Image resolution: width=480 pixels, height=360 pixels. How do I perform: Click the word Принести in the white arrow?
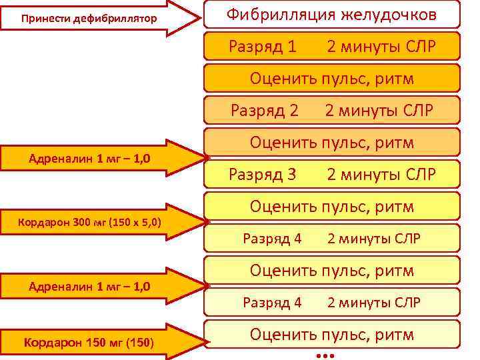[46, 18]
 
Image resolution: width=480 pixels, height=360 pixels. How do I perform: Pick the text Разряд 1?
[263, 47]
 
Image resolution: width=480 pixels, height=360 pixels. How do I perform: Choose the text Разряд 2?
[264, 111]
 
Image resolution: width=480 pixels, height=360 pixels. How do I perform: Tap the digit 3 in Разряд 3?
[291, 175]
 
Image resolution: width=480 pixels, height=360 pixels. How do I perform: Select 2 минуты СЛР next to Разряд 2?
[380, 111]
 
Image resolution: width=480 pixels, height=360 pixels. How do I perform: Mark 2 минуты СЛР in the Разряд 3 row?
[381, 175]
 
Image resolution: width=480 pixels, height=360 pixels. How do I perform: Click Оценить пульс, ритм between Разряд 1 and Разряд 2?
[332, 79]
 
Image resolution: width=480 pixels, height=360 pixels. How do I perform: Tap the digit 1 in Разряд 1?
[291, 47]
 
